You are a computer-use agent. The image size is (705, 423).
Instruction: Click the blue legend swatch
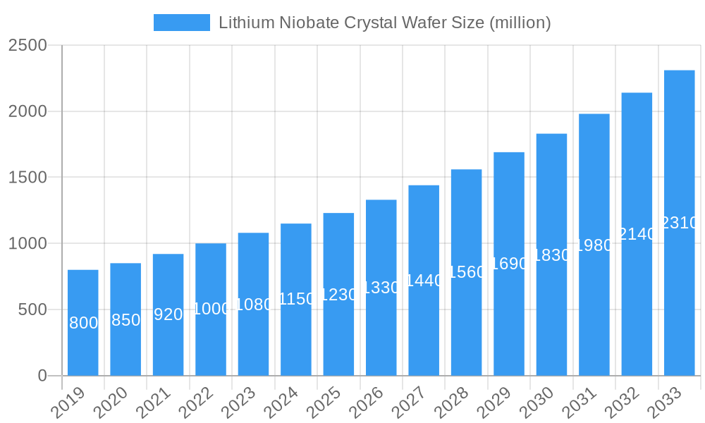pos(181,23)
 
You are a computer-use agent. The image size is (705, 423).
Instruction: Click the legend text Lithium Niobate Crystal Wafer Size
pos(384,23)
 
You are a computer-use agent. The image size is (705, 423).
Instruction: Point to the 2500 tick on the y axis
pos(27,46)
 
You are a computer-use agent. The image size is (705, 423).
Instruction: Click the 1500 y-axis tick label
pos(27,178)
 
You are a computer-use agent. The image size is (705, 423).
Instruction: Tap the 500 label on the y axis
pos(32,310)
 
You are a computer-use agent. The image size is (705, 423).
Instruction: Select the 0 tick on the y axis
pos(42,376)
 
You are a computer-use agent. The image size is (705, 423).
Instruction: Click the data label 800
pos(83,323)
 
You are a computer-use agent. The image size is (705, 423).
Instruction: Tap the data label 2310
pos(679,223)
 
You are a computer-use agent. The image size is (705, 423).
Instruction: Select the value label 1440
pos(424,281)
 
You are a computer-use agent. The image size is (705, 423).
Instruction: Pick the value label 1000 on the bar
pos(211,309)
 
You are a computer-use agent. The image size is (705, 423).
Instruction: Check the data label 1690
pos(509,264)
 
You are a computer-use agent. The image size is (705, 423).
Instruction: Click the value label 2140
pos(637,235)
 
